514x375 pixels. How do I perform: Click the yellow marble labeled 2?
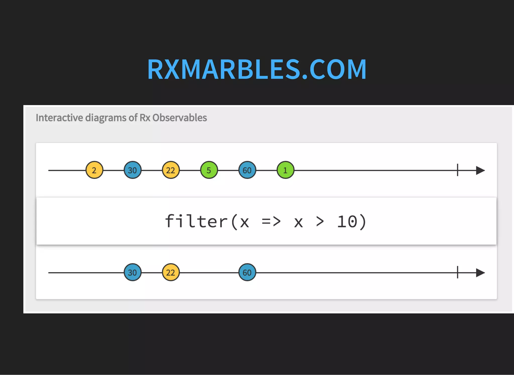94,170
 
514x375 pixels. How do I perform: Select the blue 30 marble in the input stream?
133,170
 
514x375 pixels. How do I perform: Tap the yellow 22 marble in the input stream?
171,170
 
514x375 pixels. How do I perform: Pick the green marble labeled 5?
209,170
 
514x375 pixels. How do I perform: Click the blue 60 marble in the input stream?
247,170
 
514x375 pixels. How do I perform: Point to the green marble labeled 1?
285,170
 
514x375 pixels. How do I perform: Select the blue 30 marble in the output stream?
133,272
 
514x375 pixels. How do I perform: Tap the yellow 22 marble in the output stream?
171,272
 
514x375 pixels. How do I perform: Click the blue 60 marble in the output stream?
247,272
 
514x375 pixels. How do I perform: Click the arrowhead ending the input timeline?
480,170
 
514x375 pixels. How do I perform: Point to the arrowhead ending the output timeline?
480,273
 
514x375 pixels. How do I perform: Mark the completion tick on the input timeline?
458,170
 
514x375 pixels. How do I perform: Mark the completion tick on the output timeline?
458,272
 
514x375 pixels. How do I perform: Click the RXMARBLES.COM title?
257,69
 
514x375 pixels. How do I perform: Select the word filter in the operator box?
196,221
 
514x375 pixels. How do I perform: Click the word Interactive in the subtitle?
59,118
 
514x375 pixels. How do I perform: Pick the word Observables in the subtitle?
179,118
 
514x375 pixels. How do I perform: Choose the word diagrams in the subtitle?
106,118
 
